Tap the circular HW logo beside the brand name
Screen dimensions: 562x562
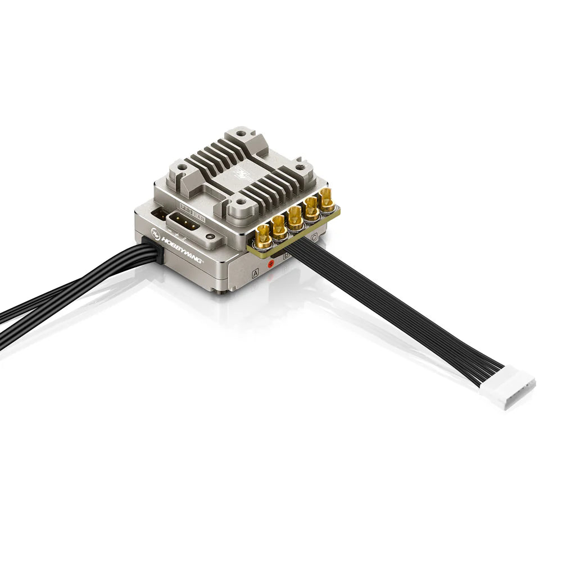(156, 232)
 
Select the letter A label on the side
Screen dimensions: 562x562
(256, 274)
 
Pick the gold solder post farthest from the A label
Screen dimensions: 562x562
(327, 200)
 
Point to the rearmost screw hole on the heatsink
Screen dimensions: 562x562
(241, 134)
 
